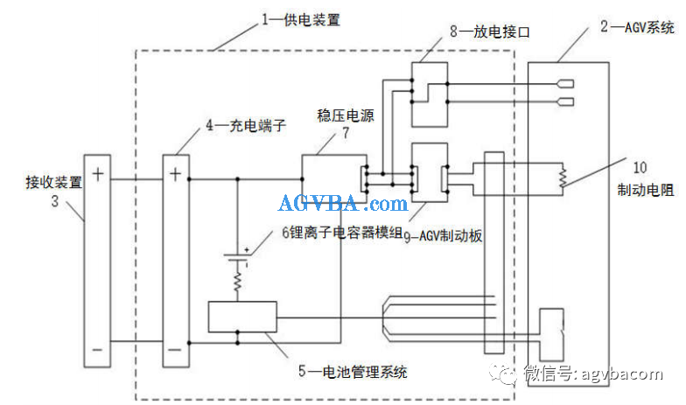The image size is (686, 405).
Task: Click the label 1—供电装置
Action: click(x=301, y=19)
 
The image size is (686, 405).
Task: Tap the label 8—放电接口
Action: click(x=490, y=31)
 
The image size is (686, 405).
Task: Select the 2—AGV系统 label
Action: click(x=637, y=27)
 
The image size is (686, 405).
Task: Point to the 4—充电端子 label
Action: click(x=246, y=126)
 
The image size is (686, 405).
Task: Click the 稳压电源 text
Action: click(x=346, y=115)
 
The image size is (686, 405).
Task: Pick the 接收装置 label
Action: click(x=54, y=182)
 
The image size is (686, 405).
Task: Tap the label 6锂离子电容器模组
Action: click(x=341, y=232)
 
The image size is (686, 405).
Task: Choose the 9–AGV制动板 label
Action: click(x=443, y=236)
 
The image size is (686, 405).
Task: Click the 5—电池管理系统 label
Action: click(x=353, y=371)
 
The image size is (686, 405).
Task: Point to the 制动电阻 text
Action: click(x=646, y=190)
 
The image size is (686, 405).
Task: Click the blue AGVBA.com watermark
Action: click(x=343, y=204)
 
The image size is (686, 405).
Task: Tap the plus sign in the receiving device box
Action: click(x=98, y=174)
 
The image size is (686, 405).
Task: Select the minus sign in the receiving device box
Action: click(x=97, y=350)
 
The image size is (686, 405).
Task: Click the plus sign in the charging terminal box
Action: click(x=175, y=174)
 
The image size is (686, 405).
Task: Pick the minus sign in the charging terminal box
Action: click(x=175, y=350)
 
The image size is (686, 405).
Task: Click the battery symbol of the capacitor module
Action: click(x=236, y=257)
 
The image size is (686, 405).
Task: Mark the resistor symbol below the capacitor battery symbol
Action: click(x=238, y=282)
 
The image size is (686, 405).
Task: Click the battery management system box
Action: click(x=242, y=317)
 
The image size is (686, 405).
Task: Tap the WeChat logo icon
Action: click(x=502, y=374)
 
